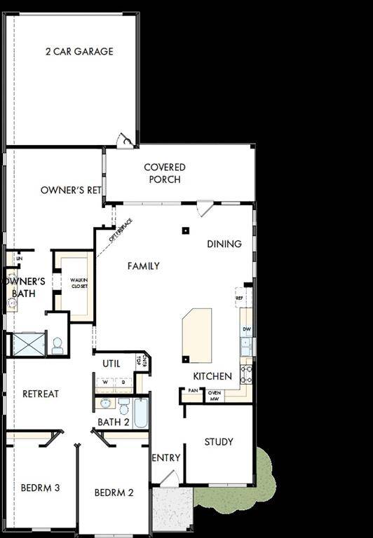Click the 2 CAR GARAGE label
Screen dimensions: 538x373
[x=79, y=51]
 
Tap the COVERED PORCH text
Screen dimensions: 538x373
[x=165, y=173]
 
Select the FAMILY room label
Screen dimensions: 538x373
[x=143, y=266]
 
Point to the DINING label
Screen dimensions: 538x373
[x=224, y=244]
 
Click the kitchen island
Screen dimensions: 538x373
[x=197, y=335]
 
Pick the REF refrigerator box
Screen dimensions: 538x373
[x=240, y=298]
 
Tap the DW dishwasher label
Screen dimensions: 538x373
[x=246, y=329]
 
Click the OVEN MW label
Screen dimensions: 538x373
[x=214, y=396]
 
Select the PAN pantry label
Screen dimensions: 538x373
[x=192, y=391]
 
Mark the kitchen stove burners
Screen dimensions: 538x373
[x=246, y=373]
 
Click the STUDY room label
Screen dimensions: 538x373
[x=219, y=442]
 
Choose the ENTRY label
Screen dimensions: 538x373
[x=166, y=458]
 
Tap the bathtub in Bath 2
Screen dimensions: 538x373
[x=141, y=414]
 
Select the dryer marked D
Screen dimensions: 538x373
[x=123, y=382]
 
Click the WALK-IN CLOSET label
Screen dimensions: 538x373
[x=79, y=283]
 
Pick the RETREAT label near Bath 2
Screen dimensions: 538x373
[x=41, y=394]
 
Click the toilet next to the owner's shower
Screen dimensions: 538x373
[x=57, y=345]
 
